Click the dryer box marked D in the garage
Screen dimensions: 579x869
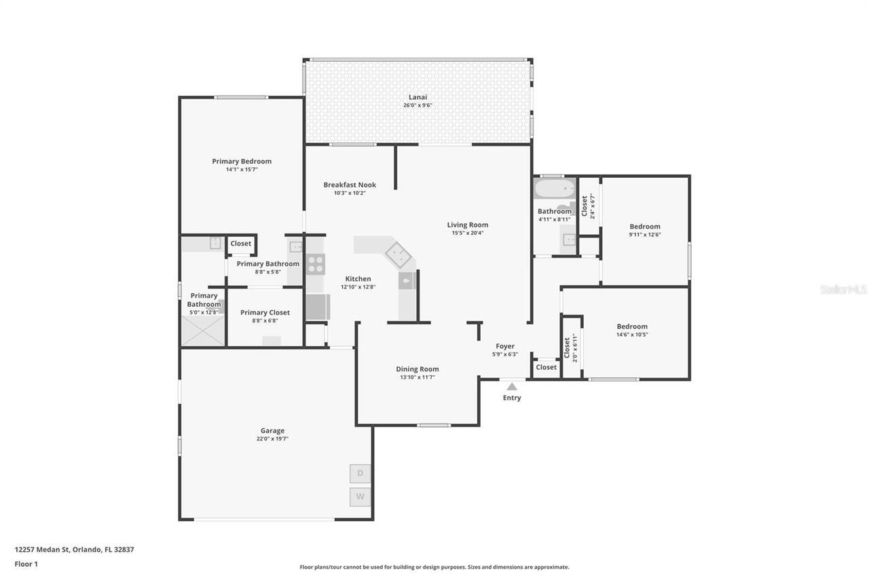click(x=360, y=473)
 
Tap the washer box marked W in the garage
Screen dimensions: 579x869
click(x=360, y=497)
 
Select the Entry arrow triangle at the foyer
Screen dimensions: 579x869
click(x=512, y=386)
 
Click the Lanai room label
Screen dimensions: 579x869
click(x=418, y=96)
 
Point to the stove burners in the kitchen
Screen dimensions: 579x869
click(x=316, y=263)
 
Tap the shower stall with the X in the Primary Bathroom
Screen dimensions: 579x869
click(x=202, y=331)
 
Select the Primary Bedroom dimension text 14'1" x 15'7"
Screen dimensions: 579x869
click(x=242, y=170)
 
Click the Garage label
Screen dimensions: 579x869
click(x=272, y=430)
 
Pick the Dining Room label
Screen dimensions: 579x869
click(x=418, y=369)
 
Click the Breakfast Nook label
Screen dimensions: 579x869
click(x=350, y=185)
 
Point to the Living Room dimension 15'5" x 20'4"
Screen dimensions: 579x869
click(x=467, y=233)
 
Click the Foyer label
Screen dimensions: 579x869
click(x=505, y=346)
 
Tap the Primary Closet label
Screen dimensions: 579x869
click(x=265, y=312)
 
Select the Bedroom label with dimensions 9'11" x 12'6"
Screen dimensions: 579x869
click(x=644, y=227)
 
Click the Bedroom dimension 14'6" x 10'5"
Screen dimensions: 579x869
click(x=632, y=335)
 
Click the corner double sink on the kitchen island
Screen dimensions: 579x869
click(x=398, y=254)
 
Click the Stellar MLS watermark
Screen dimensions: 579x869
click(x=843, y=289)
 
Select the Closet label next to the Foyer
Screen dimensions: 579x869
click(x=546, y=367)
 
